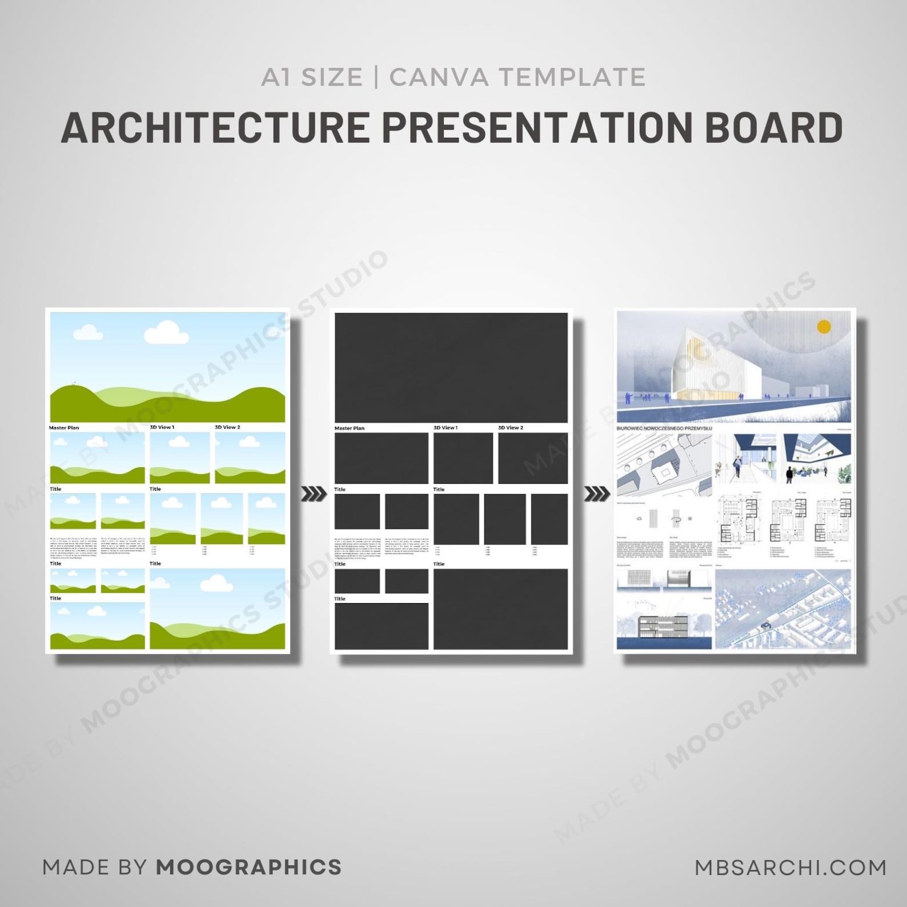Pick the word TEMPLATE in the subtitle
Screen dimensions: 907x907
coord(573,77)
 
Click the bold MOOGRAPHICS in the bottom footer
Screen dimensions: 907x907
coord(248,867)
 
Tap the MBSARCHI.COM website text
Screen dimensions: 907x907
coord(790,868)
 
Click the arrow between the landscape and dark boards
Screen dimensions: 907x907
coord(313,493)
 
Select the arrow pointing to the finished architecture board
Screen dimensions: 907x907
coord(597,493)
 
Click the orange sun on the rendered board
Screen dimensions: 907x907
coord(824,327)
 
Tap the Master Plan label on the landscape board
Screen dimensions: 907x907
coord(64,428)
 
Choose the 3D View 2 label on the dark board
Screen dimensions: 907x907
coord(510,428)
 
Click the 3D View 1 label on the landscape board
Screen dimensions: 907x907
coord(162,427)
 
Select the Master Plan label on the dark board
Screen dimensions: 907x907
coord(349,428)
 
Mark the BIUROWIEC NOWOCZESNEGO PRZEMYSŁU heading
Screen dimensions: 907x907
coord(664,428)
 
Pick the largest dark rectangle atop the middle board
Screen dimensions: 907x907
coord(451,367)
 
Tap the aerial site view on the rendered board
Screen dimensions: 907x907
coord(782,609)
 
